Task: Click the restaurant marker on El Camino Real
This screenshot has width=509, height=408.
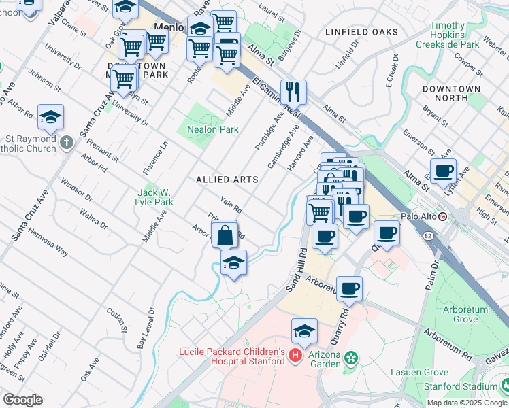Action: tap(293, 91)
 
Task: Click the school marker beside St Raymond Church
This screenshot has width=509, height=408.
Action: tap(51, 118)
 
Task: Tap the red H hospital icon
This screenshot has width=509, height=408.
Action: tap(295, 355)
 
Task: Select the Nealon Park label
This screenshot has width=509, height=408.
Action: tap(208, 129)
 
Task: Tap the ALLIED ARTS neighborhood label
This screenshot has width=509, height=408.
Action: tap(227, 180)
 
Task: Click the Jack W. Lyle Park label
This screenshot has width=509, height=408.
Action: tap(155, 197)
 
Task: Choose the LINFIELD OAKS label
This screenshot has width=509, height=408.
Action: tap(361, 32)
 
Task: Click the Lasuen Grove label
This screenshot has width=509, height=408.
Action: tap(420, 373)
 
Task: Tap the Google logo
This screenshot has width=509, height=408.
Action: tap(22, 400)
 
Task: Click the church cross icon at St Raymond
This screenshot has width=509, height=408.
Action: tap(65, 143)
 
